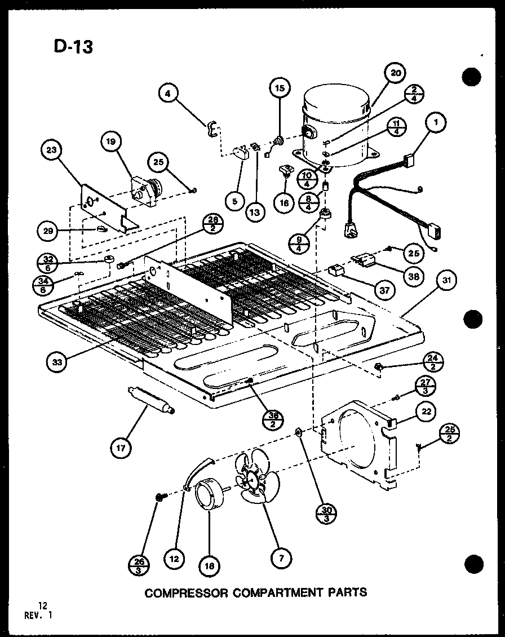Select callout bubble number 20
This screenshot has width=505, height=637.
(x=396, y=73)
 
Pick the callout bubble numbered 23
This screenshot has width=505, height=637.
(x=52, y=150)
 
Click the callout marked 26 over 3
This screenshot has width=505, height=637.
(x=139, y=563)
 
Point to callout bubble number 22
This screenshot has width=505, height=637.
(x=426, y=412)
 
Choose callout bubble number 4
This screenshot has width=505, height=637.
(x=167, y=94)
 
